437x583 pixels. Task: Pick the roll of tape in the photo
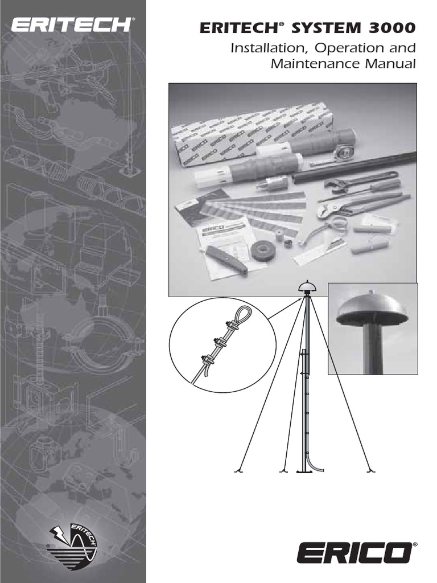pos(263,251)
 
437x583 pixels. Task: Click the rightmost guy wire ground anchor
pos(370,470)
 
